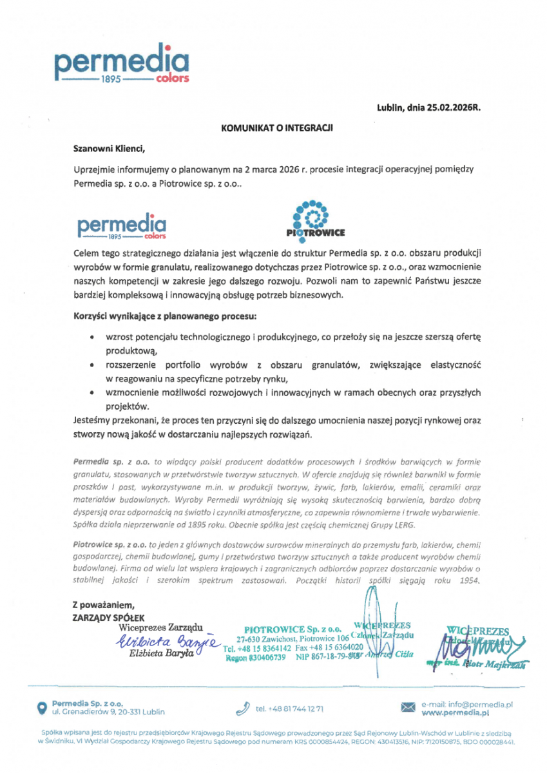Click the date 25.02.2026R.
tap(450, 108)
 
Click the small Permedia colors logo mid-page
tap(122, 227)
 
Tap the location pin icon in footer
tap(41, 708)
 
